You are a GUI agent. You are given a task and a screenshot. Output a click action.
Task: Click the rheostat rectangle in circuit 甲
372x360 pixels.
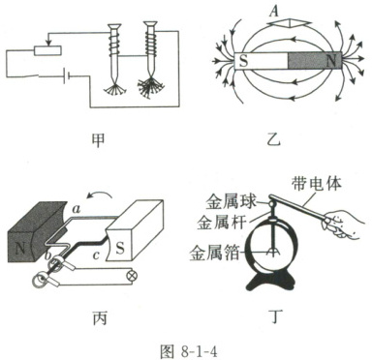click(x=47, y=50)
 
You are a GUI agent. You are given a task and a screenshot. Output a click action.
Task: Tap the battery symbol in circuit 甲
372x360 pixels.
click(x=67, y=75)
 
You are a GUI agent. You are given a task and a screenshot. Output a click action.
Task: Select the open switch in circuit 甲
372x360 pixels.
click(x=32, y=76)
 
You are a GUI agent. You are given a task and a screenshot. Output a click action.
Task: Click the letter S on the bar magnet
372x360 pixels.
click(x=243, y=61)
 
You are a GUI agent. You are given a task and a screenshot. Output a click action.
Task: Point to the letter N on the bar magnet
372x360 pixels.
click(x=330, y=61)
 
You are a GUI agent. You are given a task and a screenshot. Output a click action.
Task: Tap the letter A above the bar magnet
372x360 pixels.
click(x=274, y=12)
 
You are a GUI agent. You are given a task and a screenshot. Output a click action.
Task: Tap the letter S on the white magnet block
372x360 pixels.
click(x=120, y=249)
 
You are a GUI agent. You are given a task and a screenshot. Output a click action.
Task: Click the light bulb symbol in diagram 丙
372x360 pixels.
click(x=131, y=277)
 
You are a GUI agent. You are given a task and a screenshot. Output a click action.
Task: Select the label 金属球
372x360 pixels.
click(x=232, y=202)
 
